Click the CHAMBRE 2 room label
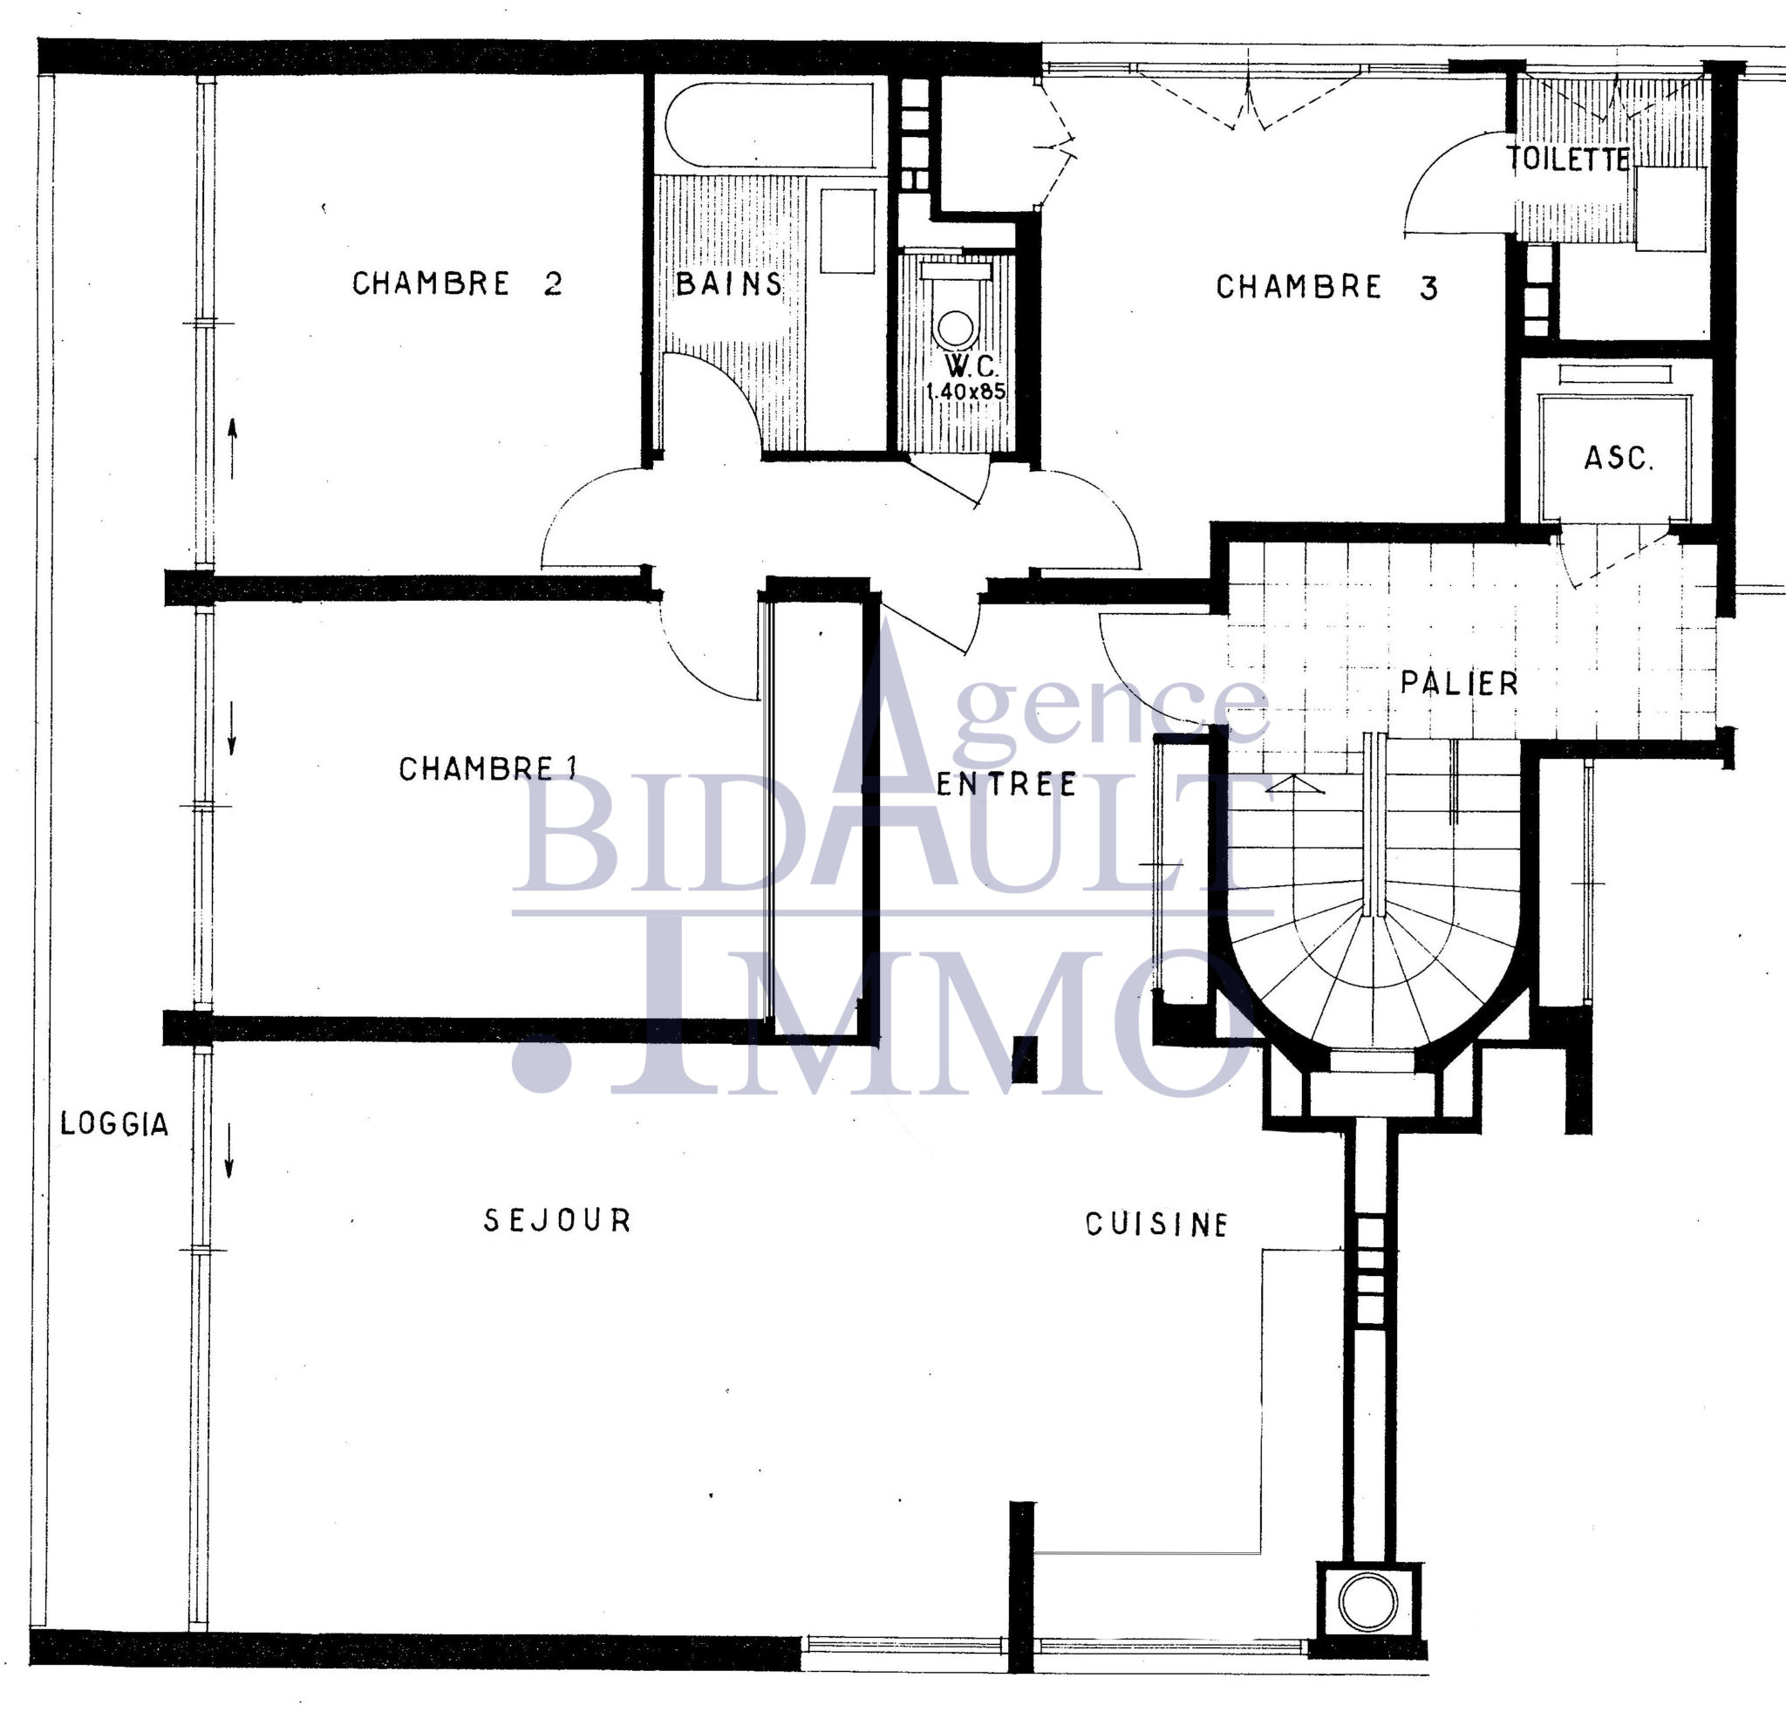[x=458, y=283]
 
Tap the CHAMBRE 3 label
[x=1327, y=287]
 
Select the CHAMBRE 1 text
[x=488, y=769]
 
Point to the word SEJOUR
[x=557, y=1220]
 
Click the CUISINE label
[x=1156, y=1224]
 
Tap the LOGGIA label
[x=115, y=1124]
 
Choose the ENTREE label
[x=1006, y=783]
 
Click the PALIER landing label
[x=1459, y=684]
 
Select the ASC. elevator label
[x=1619, y=457]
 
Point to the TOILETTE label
[x=1567, y=159]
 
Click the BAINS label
[x=729, y=283]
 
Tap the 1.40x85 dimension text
[x=966, y=392]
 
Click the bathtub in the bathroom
[x=771, y=124]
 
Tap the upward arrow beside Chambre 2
[x=232, y=447]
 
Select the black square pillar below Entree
[x=1026, y=1060]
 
